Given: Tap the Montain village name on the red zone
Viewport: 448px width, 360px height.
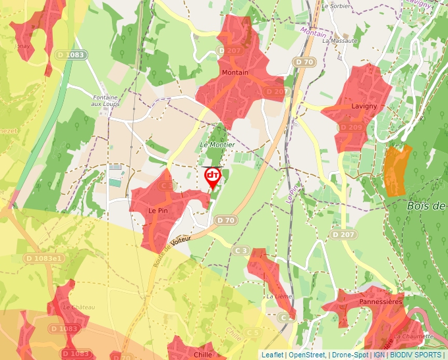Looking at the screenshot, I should coord(235,72).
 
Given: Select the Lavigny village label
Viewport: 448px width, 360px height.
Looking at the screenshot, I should coord(364,106).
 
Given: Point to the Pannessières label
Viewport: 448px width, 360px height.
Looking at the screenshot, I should coord(381,301).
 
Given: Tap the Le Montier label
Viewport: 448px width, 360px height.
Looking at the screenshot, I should coord(217,145).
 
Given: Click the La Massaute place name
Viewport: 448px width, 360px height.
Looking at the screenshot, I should coord(340,41).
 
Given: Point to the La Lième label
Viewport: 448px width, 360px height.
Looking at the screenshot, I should coord(279,297).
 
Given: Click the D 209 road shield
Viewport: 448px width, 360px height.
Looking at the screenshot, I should coord(351,127).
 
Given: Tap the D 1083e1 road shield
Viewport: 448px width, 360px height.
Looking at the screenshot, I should coord(44,259).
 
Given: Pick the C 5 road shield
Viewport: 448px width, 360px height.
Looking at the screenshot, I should coord(253,333).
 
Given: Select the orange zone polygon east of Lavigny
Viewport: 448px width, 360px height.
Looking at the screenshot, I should coord(397,170).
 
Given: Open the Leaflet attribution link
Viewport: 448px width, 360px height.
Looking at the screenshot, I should coord(272,355).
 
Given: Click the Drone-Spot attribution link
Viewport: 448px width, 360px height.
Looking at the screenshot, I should coord(349,355).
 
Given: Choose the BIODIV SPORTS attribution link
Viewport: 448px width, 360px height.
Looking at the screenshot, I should coord(416,355).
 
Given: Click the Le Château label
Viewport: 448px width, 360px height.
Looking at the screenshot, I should coord(79,307).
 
